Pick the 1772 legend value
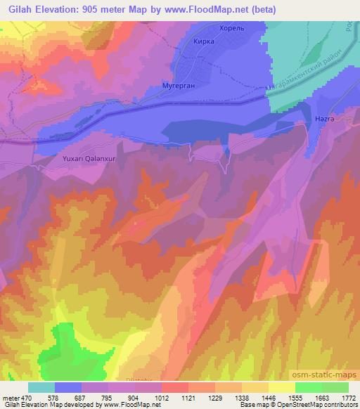(x=348, y=397)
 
